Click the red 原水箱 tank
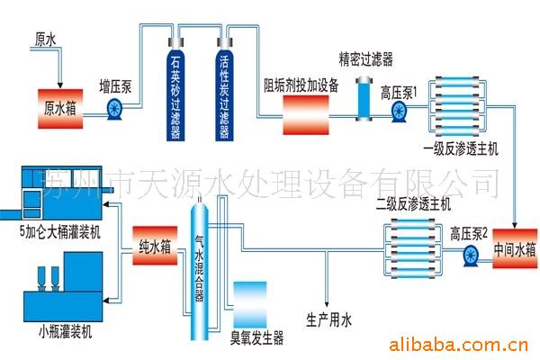coord(60,109)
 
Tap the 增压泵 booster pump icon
coord(114,110)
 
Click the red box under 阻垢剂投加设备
coord(306,114)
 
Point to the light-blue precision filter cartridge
coord(364,99)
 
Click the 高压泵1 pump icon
coord(400,112)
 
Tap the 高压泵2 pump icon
coord(471,256)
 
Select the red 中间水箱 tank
coord(515,248)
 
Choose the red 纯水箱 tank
coord(155,246)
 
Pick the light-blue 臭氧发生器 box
coord(250,305)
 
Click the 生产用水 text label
coord(328,320)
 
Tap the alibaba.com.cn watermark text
coord(458,345)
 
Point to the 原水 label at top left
coord(45,40)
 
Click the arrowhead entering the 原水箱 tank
coord(60,85)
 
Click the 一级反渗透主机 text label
coord(461,149)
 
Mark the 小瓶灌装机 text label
coord(66,332)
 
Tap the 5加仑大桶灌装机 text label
coord(60,232)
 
